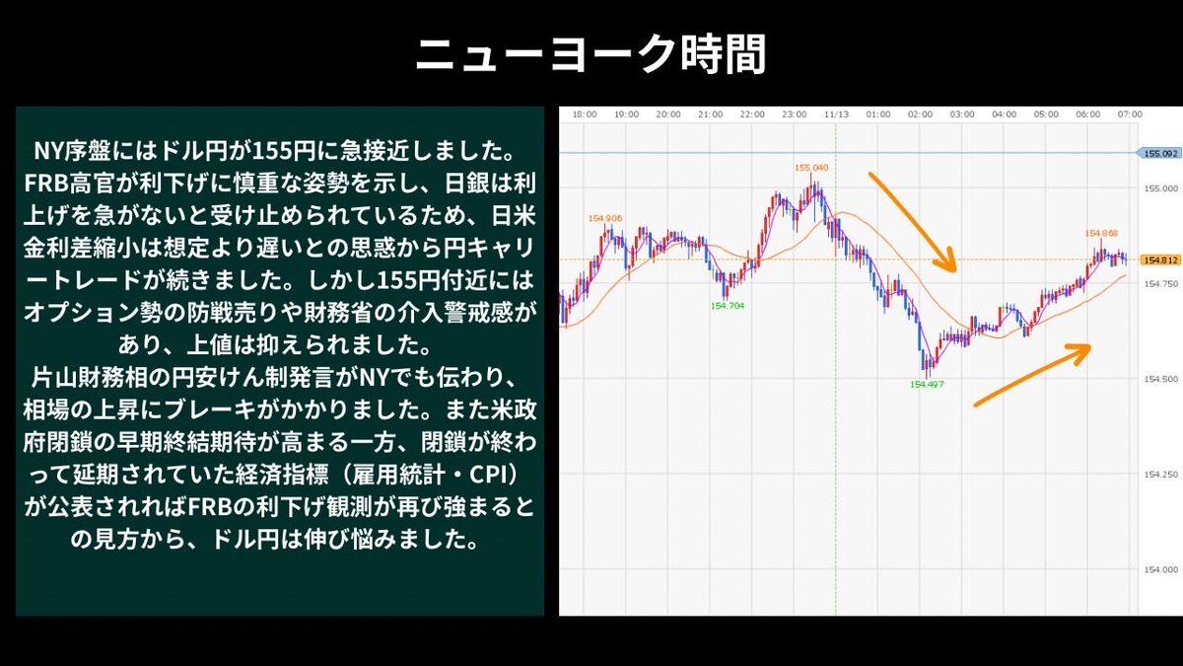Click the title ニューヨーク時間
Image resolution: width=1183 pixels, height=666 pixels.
coord(591,54)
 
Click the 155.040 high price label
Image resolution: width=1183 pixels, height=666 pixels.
coord(811,168)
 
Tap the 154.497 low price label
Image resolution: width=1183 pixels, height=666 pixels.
coord(927,385)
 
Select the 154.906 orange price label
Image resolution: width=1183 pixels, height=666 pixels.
coord(605,218)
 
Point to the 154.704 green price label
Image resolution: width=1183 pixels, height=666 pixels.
coord(728,306)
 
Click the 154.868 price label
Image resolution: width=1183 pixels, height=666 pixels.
coord(1101,233)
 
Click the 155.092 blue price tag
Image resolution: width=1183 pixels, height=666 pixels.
coord(1160,153)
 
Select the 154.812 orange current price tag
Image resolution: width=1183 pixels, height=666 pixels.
coord(1160,260)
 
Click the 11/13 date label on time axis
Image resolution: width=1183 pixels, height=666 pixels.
coord(836,114)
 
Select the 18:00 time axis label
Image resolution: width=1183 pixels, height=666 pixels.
coord(585,114)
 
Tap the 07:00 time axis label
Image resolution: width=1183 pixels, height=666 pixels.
coord(1130,114)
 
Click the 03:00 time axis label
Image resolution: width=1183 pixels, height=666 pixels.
coord(962,114)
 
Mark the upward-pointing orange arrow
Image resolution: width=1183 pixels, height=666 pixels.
coord(1032,376)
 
